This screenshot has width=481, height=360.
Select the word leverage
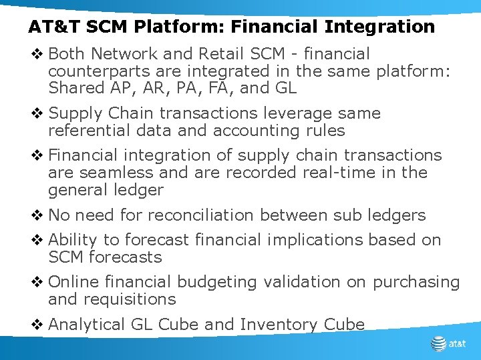(295, 113)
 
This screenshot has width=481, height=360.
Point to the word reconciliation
(200, 215)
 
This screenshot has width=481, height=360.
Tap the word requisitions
(128, 299)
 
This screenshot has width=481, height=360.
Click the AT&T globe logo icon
(438, 344)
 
